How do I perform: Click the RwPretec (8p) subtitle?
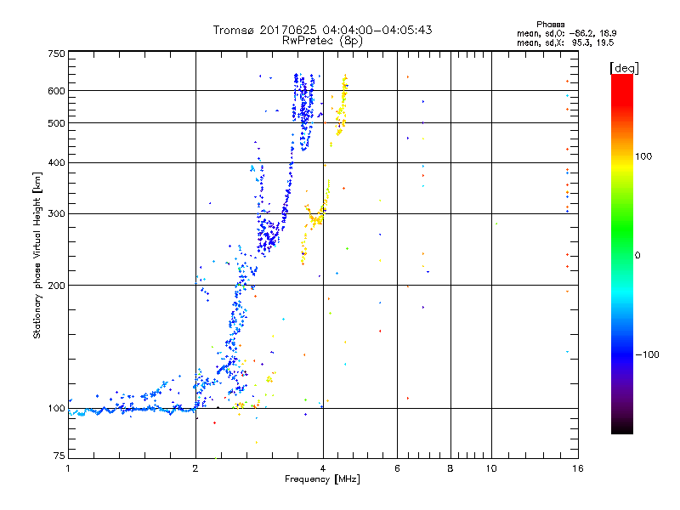coord(323,40)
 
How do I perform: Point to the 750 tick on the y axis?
coord(56,54)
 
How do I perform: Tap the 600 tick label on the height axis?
coord(56,91)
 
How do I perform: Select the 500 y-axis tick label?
coord(56,123)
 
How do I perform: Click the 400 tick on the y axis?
coord(56,163)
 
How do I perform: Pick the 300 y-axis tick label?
coord(56,214)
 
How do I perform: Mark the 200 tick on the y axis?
coord(56,286)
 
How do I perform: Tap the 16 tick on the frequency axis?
coord(576,468)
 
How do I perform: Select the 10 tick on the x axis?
coord(490,468)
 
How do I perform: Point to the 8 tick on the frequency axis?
coord(450,468)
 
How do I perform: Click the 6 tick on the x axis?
coord(398,468)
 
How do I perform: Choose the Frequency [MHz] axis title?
coord(322,480)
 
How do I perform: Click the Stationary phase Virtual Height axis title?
coord(37,255)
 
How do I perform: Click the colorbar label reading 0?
coord(638,255)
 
